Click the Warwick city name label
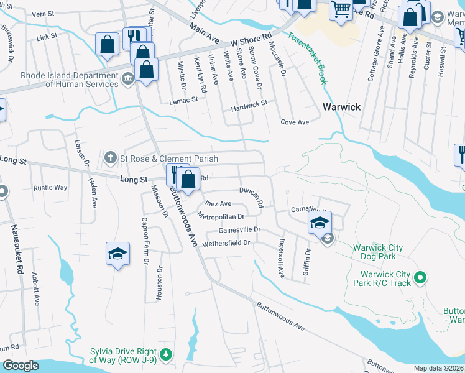[x=341, y=107]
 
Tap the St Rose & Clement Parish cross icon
[x=111, y=158]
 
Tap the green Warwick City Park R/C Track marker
[x=420, y=277]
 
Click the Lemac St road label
[x=185, y=99]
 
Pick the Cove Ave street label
[x=295, y=122]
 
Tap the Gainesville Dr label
[x=239, y=229]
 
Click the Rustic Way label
[x=50, y=187]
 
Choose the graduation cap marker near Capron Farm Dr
[x=117, y=254]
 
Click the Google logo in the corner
[x=21, y=366]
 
